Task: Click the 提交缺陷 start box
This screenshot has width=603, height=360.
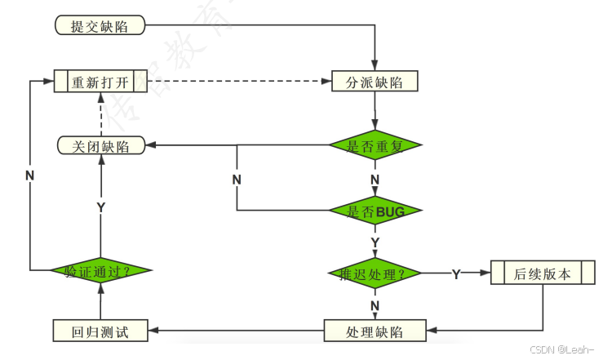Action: (x=100, y=25)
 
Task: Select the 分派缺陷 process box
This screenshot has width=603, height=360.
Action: (x=375, y=82)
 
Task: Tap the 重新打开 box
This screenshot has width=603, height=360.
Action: (x=100, y=82)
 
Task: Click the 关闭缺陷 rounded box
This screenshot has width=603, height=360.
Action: (x=100, y=145)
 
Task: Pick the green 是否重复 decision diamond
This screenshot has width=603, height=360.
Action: (x=375, y=145)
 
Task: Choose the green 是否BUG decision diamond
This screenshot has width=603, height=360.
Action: (x=375, y=211)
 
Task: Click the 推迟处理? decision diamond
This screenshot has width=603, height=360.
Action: (x=375, y=273)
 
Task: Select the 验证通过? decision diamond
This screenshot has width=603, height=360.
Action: (x=100, y=269)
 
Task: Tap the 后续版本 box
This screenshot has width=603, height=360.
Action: (x=543, y=273)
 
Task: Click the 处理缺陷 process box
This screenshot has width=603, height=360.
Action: (x=375, y=331)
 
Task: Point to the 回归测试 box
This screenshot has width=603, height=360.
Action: (x=100, y=331)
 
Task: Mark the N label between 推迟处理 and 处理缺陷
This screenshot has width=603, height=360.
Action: (x=375, y=304)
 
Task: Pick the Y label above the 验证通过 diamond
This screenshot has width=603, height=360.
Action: (x=101, y=207)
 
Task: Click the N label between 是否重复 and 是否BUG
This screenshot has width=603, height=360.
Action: (x=375, y=179)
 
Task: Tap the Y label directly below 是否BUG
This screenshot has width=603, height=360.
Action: (x=375, y=242)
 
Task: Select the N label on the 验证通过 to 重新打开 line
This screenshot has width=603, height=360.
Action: (x=29, y=176)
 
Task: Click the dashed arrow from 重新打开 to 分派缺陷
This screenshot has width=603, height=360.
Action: (x=237, y=82)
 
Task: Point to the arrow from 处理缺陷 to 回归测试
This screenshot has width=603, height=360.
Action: (x=237, y=331)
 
